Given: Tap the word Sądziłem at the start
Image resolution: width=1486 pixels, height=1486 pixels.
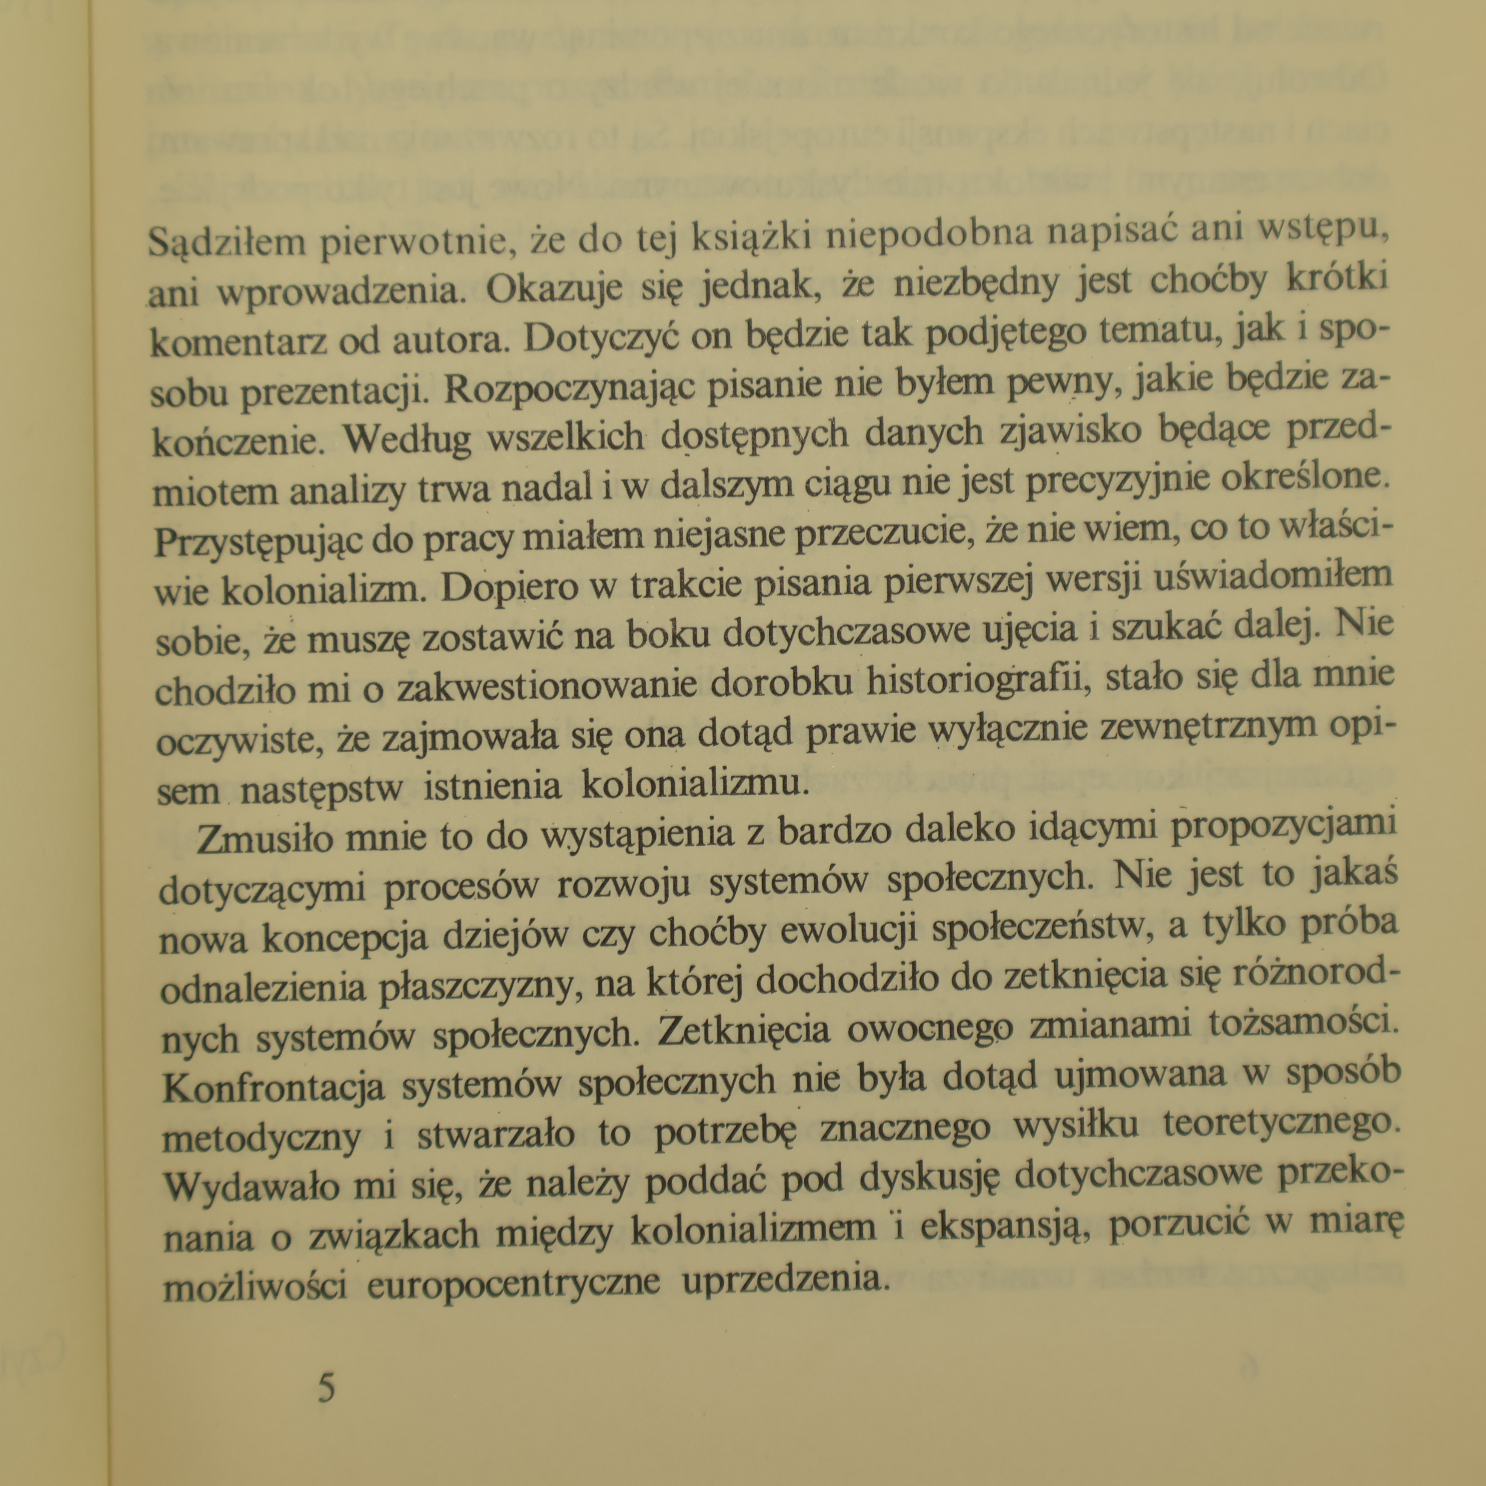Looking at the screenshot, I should (x=226, y=243).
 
